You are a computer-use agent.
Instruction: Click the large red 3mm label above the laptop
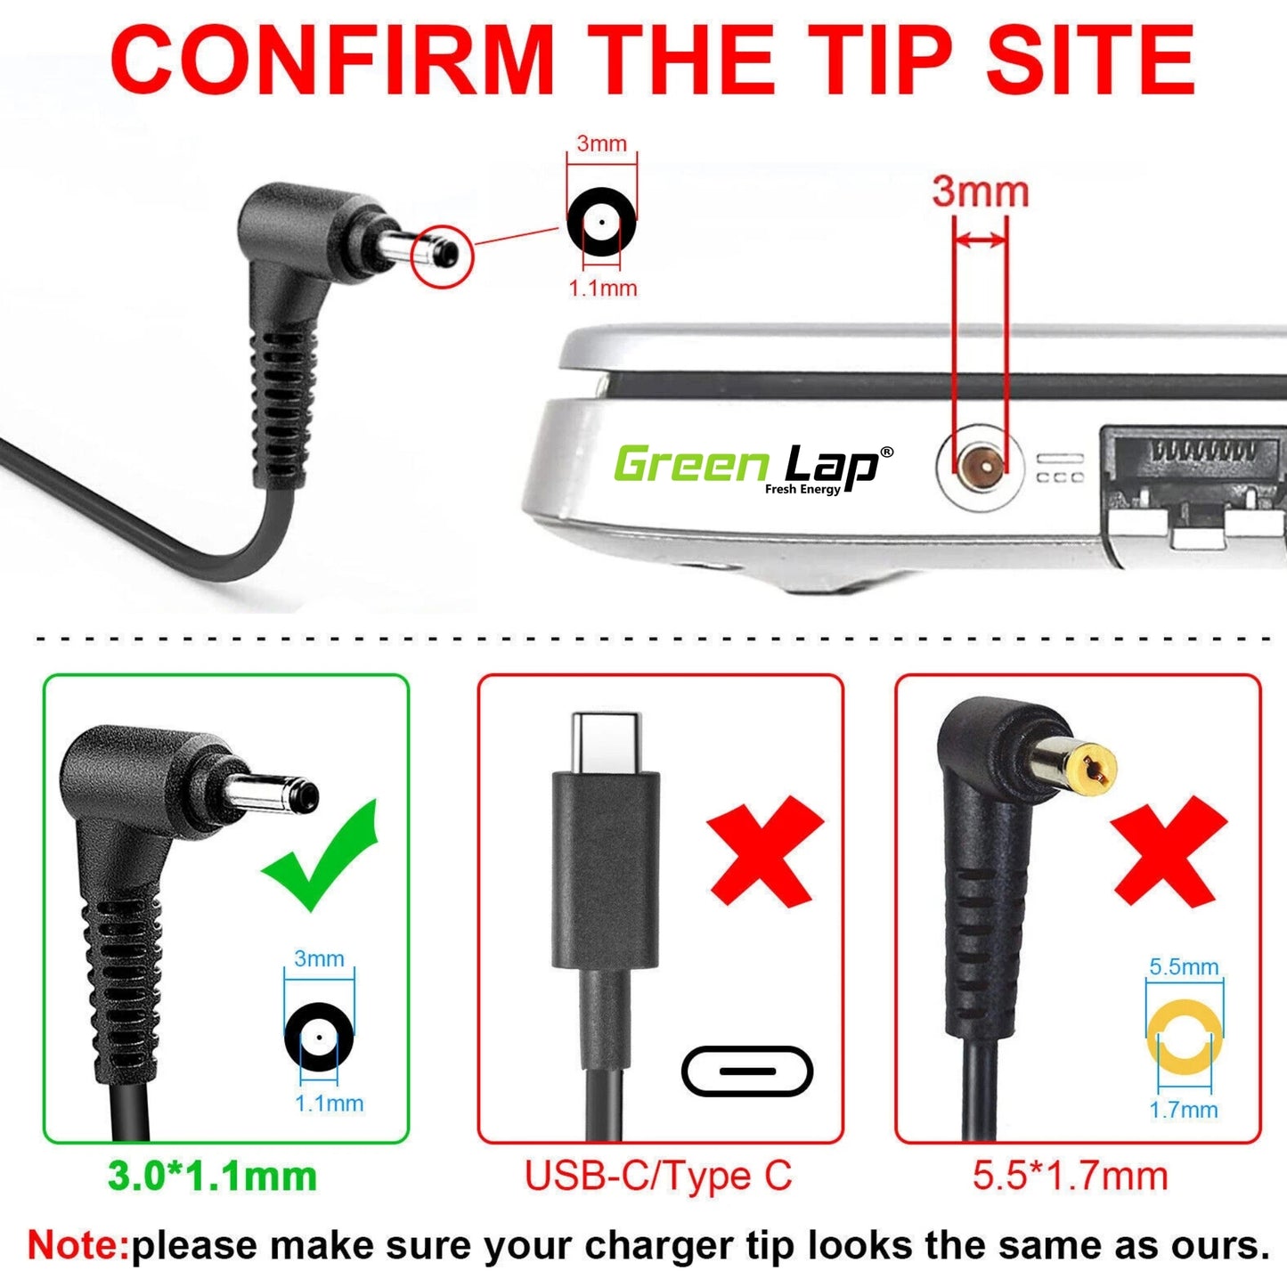point(980,192)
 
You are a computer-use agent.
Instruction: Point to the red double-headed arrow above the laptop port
point(981,240)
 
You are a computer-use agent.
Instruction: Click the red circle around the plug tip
point(442,257)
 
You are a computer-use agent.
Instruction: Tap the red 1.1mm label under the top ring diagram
point(602,289)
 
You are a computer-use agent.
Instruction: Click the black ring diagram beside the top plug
point(602,223)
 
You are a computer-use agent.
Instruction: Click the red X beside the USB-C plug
point(765,852)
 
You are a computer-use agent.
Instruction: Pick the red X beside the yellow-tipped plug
point(1169,854)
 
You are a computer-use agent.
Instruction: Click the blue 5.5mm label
point(1184,966)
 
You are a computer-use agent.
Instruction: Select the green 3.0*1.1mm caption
point(212,1177)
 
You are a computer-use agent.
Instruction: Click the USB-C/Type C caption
point(658,1177)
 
